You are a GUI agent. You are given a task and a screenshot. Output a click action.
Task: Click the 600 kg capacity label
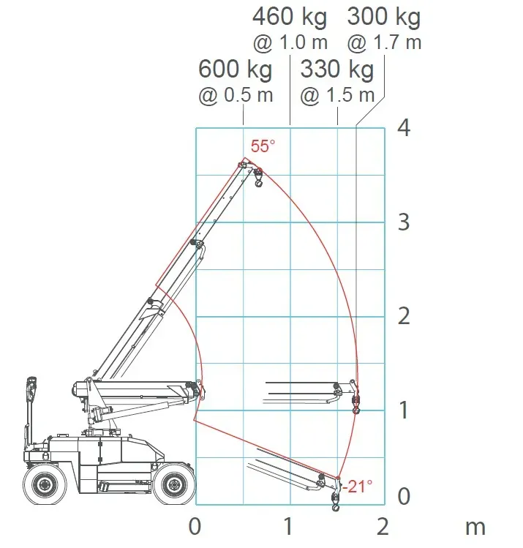click(x=235, y=70)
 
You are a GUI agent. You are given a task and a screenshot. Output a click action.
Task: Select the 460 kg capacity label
click(x=290, y=18)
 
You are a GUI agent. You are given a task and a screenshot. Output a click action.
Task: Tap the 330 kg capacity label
click(x=337, y=70)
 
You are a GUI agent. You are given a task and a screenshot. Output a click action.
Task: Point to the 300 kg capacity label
click(x=384, y=18)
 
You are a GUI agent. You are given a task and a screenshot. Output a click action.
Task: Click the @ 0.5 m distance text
click(x=236, y=95)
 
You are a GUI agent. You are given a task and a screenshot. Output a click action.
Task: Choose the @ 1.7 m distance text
click(x=384, y=43)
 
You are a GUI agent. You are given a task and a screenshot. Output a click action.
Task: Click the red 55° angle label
click(x=263, y=146)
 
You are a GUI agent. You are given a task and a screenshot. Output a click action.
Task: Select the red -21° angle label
click(x=358, y=486)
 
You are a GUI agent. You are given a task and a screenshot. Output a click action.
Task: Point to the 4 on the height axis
click(x=404, y=128)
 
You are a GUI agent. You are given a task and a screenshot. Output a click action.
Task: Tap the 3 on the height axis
click(x=404, y=222)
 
